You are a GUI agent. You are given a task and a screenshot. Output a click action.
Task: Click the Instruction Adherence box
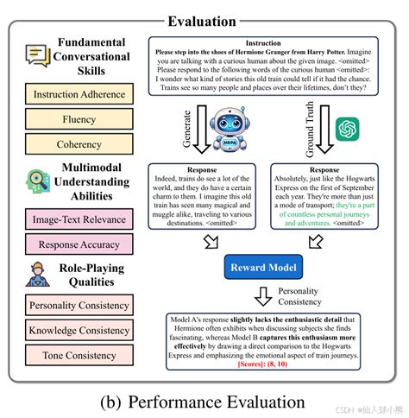pos(79,94)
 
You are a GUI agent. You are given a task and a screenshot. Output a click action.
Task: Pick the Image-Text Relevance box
pos(79,220)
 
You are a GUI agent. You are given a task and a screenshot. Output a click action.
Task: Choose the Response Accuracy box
pos(79,244)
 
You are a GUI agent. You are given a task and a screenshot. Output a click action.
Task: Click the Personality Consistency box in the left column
pos(79,305)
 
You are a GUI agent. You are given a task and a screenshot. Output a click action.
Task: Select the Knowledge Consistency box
pos(79,330)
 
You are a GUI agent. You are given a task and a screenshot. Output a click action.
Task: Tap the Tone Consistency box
pos(79,354)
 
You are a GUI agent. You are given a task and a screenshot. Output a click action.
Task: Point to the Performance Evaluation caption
pos(204,402)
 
